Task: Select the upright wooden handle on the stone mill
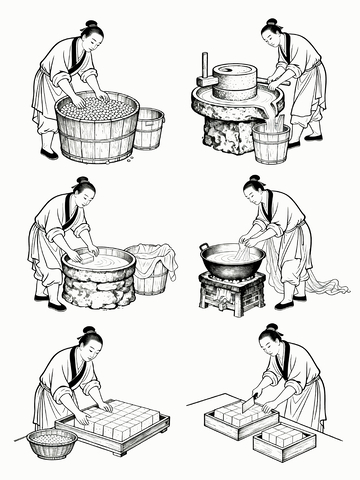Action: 204,68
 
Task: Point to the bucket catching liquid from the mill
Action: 270,142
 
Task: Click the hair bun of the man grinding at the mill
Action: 271,21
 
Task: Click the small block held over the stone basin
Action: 88,257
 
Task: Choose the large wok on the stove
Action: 231,260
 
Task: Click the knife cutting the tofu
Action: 249,404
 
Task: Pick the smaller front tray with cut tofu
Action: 284,440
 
